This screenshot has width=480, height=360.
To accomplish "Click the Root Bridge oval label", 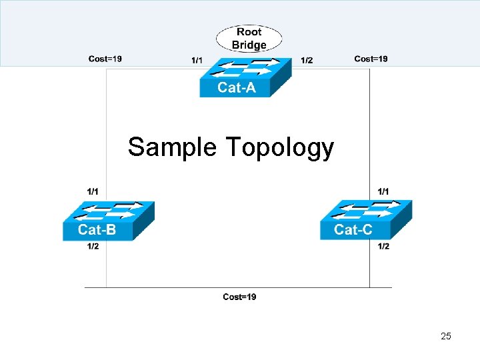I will [x=249, y=38].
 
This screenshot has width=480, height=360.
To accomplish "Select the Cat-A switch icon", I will [x=245, y=77].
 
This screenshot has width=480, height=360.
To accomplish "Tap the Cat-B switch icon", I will [x=108, y=220].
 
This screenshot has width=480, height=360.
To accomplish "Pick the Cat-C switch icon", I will [x=365, y=219].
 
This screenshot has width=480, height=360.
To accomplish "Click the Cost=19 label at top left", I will [x=105, y=59].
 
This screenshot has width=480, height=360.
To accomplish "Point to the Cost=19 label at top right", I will [x=371, y=59].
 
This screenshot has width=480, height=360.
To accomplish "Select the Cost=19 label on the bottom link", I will [x=239, y=297].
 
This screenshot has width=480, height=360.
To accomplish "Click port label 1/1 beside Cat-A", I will [x=197, y=61].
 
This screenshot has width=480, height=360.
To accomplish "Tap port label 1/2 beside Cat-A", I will [x=307, y=61].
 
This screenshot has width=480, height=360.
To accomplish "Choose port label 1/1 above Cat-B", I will [x=93, y=191].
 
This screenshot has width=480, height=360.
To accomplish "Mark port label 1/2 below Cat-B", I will [x=93, y=247].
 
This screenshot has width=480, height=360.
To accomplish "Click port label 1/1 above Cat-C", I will [x=383, y=191].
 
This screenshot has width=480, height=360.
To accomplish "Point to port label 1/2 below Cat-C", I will [x=383, y=247].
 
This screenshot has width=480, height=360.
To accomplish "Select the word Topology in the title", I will [x=280, y=148].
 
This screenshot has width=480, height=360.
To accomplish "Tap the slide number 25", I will [x=446, y=336].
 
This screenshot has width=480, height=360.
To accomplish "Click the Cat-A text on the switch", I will [x=236, y=88].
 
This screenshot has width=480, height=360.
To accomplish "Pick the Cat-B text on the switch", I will [x=97, y=231].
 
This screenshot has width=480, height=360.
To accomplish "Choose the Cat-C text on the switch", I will [x=353, y=231].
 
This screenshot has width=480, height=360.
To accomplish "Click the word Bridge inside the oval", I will [x=249, y=45].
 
